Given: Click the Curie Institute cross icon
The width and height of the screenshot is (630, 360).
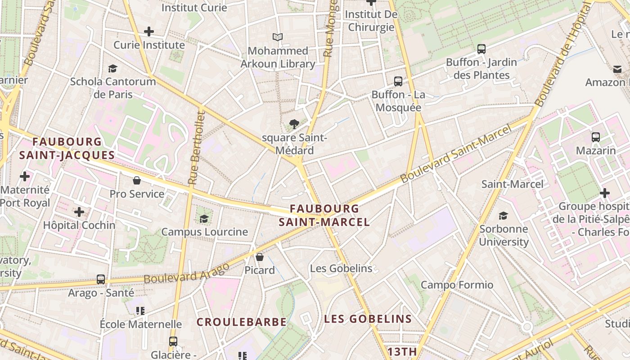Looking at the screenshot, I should (x=149, y=31).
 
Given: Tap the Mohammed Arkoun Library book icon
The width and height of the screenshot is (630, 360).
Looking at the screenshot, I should (x=278, y=37).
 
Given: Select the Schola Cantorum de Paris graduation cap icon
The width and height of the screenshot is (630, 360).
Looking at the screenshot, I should (x=112, y=68).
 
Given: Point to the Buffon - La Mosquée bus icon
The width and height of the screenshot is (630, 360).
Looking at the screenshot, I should (x=398, y=81).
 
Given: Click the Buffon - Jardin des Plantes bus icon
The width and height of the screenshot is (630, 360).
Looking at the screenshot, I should (x=481, y=49).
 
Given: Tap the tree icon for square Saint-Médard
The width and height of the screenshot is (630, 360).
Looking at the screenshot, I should (x=294, y=124).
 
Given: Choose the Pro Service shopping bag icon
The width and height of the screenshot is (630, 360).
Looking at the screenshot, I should (x=137, y=180).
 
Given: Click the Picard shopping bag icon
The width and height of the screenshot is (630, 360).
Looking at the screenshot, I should (x=260, y=257).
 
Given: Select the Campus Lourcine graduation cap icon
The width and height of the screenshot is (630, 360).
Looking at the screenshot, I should (x=204, y=219).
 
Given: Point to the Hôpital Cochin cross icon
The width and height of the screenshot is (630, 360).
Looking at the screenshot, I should (x=79, y=211).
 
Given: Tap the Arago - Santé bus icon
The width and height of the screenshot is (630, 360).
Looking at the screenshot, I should (x=101, y=279).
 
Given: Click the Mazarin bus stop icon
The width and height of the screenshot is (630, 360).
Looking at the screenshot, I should (x=596, y=137).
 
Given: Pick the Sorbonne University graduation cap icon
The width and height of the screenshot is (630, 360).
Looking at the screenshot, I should (x=503, y=216).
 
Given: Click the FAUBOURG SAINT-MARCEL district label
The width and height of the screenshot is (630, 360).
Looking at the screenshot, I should (x=324, y=215).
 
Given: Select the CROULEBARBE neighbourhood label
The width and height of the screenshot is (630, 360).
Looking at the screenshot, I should (x=242, y=322).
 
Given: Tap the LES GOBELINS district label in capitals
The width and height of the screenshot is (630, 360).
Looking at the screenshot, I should (x=368, y=319).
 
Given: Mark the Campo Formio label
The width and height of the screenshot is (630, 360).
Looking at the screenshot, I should (x=457, y=285).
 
